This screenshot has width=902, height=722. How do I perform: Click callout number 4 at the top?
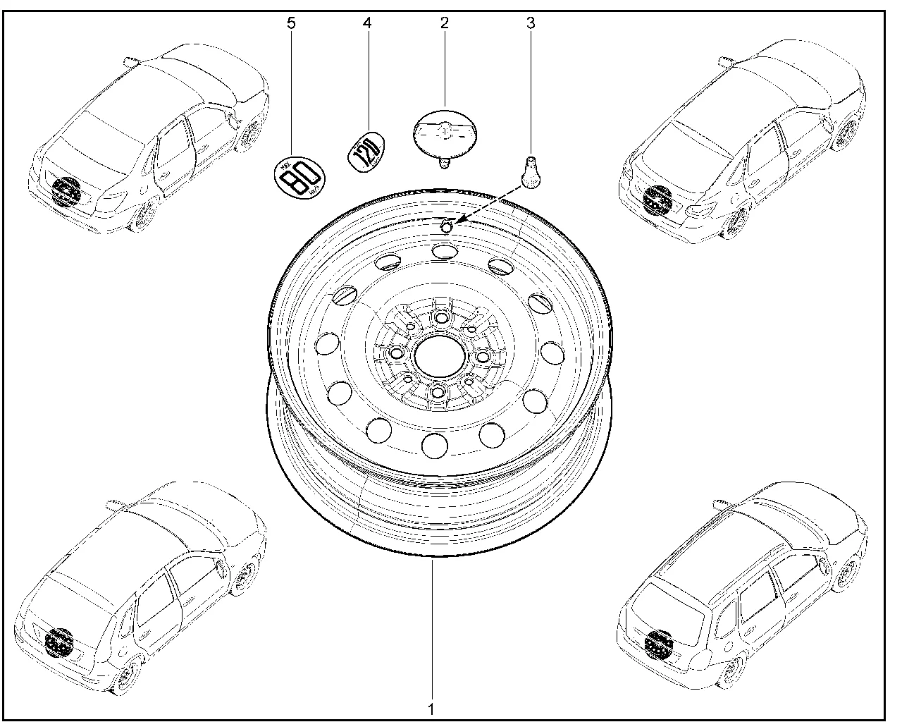click(366, 23)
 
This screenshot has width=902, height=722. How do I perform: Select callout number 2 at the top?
click(445, 23)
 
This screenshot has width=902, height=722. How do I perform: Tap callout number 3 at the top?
click(531, 23)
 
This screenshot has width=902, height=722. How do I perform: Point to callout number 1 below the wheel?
click(432, 707)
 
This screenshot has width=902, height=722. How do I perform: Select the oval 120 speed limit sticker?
click(366, 148)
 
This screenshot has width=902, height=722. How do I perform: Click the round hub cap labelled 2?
click(445, 132)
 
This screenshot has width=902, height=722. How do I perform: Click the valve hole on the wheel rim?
click(446, 226)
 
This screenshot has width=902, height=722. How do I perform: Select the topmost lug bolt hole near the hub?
click(441, 318)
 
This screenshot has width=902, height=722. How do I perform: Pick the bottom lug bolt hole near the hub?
click(437, 393)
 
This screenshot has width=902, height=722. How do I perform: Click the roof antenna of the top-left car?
click(129, 61)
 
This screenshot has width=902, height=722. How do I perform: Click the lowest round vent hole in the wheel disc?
click(435, 443)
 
